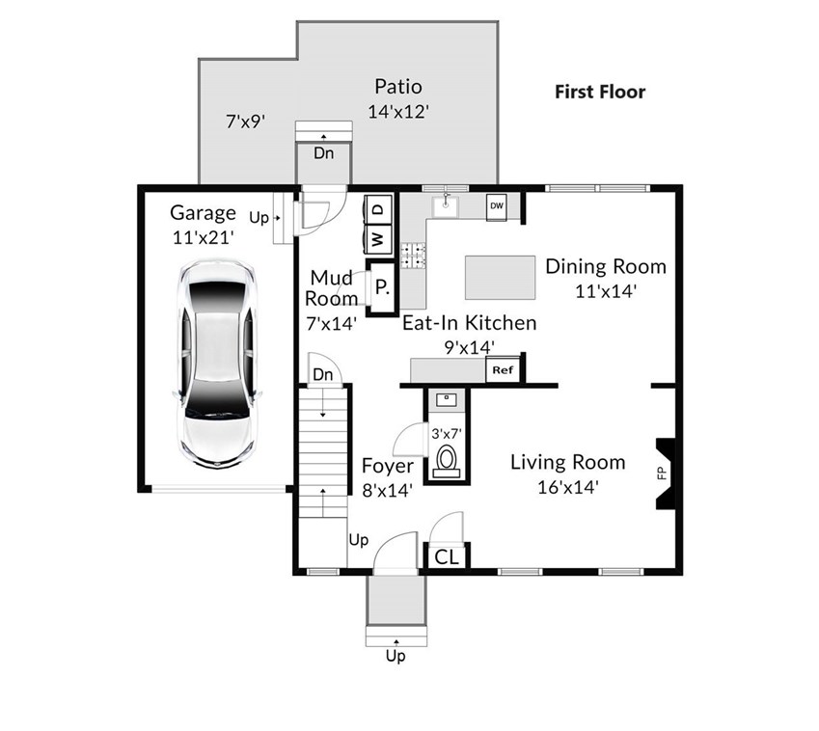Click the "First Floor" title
[x=600, y=92]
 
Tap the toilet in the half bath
[x=446, y=461]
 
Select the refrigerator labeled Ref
[x=503, y=369]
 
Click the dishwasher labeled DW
[x=496, y=206]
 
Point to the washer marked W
[x=377, y=240]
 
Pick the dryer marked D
[x=378, y=209]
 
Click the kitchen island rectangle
[x=500, y=277]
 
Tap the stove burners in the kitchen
[x=413, y=256]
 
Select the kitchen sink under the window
[x=445, y=205]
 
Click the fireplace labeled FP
[x=666, y=474]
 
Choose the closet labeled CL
[x=446, y=557]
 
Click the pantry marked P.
[x=383, y=286]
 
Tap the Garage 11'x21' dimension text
[x=203, y=237]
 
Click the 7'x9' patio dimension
[x=245, y=122]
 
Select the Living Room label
[x=568, y=463]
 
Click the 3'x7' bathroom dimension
[x=447, y=433]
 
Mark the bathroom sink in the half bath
[x=446, y=400]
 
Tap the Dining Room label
[x=606, y=266]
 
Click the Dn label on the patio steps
[x=323, y=153]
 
